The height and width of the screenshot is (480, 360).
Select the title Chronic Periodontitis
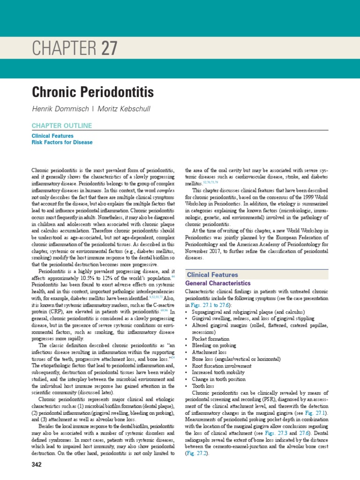pyautogui.click(x=92, y=91)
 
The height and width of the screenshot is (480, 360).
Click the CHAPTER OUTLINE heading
pyautogui.click(x=61, y=126)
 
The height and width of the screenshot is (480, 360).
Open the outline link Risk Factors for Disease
pyautogui.click(x=62, y=142)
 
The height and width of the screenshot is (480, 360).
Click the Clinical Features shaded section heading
pyautogui.click(x=212, y=275)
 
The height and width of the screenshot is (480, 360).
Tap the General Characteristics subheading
pyautogui.click(x=218, y=284)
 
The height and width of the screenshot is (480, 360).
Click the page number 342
pyautogui.click(x=37, y=465)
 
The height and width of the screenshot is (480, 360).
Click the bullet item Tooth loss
pyautogui.click(x=204, y=385)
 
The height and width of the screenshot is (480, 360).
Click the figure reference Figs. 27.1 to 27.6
pyautogui.click(x=212, y=305)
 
